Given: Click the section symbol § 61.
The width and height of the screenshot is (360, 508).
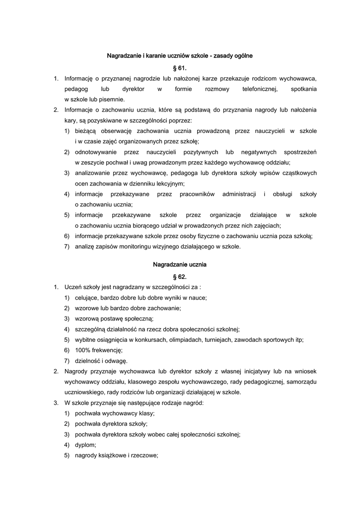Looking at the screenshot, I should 180,67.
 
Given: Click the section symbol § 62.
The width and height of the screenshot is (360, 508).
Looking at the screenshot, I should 180,276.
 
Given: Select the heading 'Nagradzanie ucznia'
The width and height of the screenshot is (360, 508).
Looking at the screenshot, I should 180,264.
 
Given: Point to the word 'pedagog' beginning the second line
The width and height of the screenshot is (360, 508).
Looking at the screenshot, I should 76,89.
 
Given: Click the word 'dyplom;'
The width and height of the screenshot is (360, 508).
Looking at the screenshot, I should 85,444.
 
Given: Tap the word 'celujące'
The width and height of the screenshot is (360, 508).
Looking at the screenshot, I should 87,298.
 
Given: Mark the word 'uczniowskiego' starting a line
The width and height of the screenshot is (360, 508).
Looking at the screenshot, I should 83,392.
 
